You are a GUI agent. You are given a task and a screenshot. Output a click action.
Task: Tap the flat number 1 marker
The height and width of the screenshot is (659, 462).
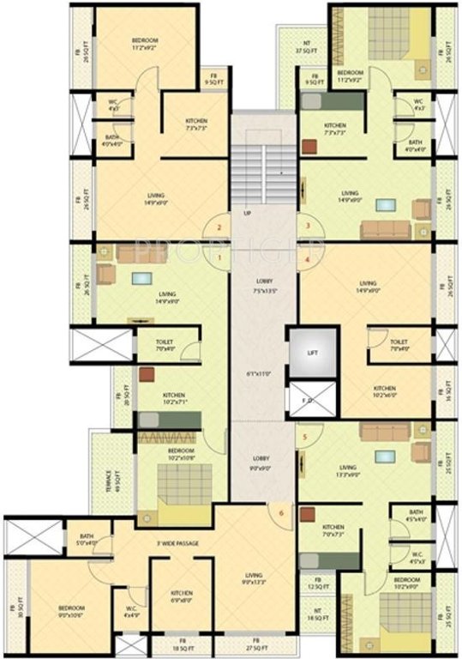point(219,257)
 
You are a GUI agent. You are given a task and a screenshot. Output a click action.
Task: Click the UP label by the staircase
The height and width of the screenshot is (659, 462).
point(248,213)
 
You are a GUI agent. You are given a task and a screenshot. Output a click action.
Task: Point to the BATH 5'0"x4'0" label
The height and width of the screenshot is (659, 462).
point(87,539)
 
